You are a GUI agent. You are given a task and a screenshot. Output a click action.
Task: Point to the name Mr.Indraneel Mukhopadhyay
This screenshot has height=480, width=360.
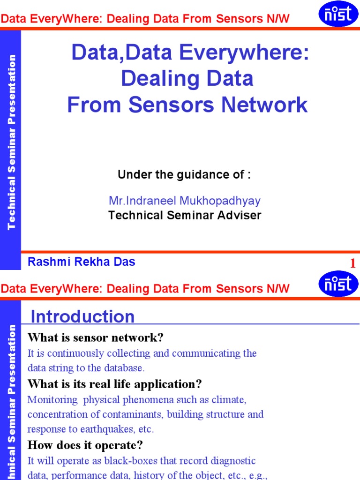[185, 201]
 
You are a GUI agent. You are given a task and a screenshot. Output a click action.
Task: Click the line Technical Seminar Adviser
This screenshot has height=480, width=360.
[185, 215]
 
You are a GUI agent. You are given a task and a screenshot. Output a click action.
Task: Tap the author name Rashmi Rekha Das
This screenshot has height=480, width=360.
[82, 262]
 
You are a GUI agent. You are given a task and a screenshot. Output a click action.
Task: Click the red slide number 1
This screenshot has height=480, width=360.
[352, 264]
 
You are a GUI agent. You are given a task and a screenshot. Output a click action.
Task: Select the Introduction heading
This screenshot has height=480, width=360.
[82, 317]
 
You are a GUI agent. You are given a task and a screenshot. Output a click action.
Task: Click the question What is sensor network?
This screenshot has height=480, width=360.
[96, 337]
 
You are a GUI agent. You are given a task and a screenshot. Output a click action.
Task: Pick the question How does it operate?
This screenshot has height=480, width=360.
[85, 445]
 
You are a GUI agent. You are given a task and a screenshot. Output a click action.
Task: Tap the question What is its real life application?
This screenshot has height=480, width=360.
[115, 384]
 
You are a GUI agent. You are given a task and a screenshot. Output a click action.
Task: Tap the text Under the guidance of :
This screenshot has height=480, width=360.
[184, 175]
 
